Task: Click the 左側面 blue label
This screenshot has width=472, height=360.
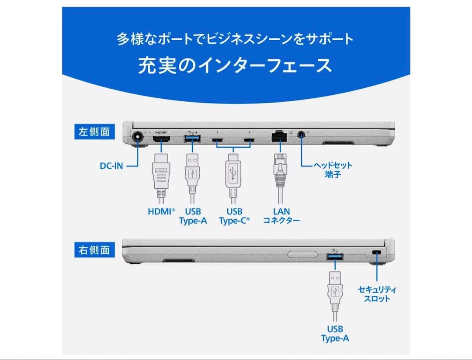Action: (x=94, y=132)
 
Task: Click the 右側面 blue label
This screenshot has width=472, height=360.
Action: (x=94, y=250)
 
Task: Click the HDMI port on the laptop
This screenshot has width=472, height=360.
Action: (x=162, y=140)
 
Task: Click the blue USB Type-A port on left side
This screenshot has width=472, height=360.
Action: (x=193, y=139)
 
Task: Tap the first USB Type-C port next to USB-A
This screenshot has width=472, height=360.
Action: (x=217, y=140)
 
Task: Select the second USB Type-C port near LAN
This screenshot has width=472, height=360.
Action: (x=249, y=140)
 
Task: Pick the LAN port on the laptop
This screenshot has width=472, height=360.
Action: (x=278, y=137)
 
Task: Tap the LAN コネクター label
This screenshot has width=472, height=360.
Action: (x=281, y=216)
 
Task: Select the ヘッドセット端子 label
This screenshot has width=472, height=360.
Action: (x=333, y=170)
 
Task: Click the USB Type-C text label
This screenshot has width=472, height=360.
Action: (x=234, y=216)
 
